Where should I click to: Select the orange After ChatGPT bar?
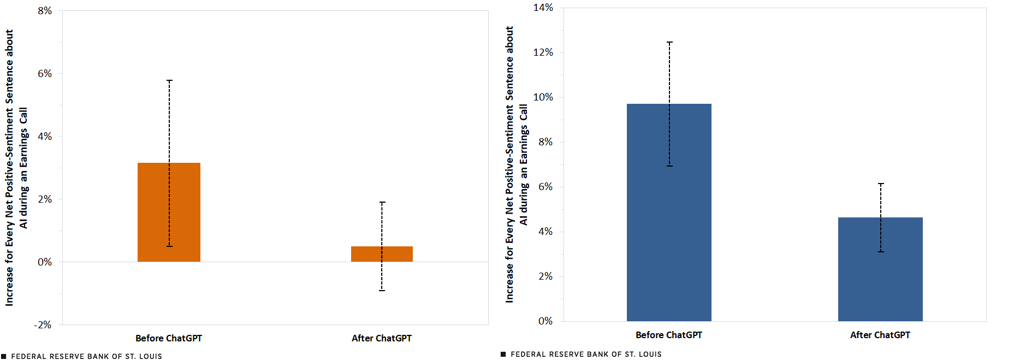click(382, 254)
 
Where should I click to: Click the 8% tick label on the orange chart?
click(45, 11)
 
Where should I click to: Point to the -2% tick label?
click(43, 325)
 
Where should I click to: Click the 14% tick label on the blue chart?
click(543, 8)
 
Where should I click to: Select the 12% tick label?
click(543, 52)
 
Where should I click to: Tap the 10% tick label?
click(543, 97)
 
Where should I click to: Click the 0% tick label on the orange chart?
click(45, 262)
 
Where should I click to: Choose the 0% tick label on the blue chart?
click(545, 321)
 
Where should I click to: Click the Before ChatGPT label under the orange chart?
click(169, 338)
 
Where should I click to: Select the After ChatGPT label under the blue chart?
click(880, 335)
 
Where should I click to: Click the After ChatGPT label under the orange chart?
click(382, 338)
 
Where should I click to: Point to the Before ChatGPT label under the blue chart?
click(669, 335)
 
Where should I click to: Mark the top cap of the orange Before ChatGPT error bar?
click(169, 81)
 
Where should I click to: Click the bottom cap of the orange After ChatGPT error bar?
click(382, 290)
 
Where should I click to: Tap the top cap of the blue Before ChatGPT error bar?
click(669, 42)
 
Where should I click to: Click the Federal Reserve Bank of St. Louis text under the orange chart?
click(86, 356)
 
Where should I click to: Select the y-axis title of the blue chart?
click(516, 164)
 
